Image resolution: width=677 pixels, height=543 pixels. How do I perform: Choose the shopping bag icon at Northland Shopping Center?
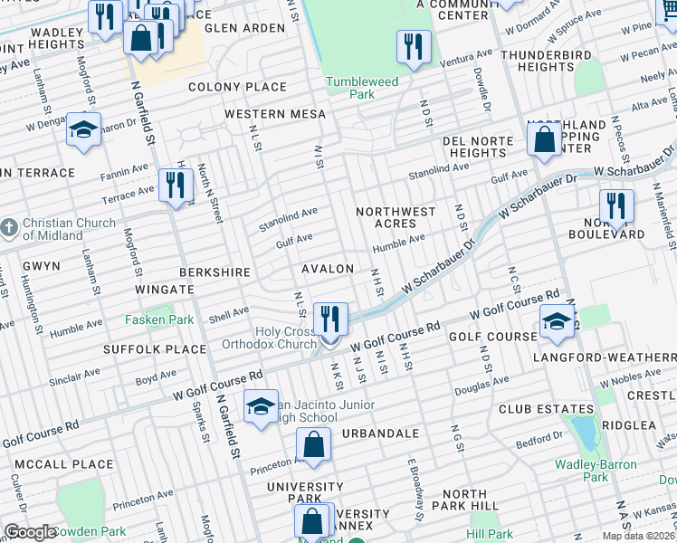point(545,141)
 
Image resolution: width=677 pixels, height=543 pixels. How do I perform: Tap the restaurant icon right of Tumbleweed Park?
point(414,46)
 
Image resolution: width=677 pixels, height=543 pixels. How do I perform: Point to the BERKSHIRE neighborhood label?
point(214,271)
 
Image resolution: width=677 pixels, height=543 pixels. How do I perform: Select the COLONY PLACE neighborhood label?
point(237,87)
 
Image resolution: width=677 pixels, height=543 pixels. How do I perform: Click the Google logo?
point(29,532)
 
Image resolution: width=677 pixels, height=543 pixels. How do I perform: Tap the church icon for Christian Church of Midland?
point(8,229)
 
